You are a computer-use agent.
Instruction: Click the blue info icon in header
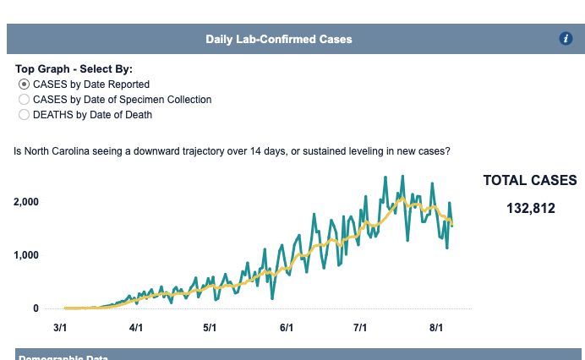566,38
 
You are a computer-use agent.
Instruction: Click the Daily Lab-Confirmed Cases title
279,39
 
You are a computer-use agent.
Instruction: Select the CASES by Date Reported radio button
24,85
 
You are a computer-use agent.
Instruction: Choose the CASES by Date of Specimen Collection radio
24,99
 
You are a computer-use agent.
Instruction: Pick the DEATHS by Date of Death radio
24,113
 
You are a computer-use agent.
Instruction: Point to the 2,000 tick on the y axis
26,202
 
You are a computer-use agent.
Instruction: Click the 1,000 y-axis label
26,255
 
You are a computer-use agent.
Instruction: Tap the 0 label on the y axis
36,308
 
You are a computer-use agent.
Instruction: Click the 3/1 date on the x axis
61,327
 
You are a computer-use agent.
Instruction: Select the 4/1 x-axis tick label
135,327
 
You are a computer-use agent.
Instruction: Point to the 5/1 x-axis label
210,327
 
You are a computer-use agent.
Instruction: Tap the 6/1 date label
286,327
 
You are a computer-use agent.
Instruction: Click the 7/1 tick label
359,327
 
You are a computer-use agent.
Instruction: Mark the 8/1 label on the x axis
436,327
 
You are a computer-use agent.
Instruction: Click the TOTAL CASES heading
530,180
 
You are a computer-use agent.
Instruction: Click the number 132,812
531,208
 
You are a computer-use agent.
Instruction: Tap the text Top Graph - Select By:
74,68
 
